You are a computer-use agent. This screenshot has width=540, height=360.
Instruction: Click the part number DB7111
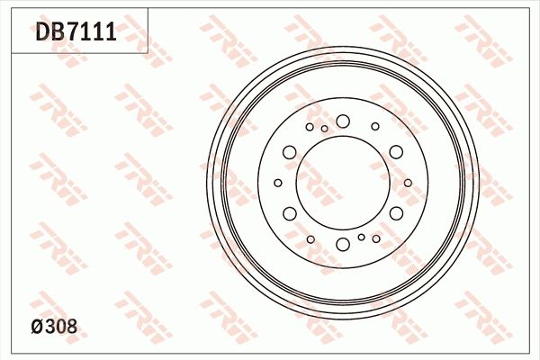(x=76, y=33)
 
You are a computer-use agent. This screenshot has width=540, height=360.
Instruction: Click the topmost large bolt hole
(x=343, y=121)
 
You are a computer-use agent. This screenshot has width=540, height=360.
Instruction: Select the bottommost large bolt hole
(x=343, y=244)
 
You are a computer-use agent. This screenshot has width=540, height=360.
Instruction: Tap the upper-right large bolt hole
(x=397, y=152)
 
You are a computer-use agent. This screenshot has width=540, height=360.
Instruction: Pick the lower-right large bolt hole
(x=397, y=213)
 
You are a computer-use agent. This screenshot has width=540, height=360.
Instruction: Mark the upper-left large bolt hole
(x=290, y=152)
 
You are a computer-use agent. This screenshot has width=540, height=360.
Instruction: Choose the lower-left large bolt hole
(x=290, y=213)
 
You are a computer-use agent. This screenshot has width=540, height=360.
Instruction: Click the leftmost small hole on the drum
(x=279, y=183)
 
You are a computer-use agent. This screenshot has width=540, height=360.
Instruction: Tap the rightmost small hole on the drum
(x=408, y=183)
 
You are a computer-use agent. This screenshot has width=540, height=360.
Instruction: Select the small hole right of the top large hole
(x=375, y=127)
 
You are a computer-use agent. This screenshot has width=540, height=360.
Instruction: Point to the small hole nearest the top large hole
(x=325, y=129)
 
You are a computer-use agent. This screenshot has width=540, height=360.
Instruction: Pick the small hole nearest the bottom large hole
(x=361, y=237)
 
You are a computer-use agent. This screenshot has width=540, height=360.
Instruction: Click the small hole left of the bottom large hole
(x=310, y=239)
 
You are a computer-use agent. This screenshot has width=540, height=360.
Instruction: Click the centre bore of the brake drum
(x=343, y=183)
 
